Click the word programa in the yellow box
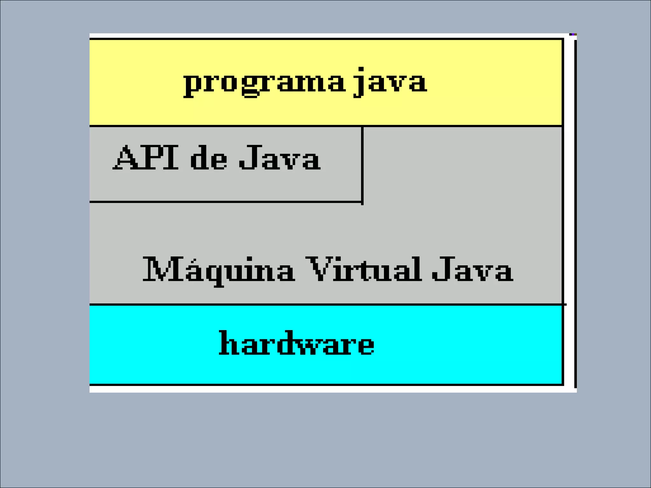coord(264,82)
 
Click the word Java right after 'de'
coord(280,158)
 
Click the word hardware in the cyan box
coord(296,343)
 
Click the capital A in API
coord(127,158)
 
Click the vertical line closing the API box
coord(362,164)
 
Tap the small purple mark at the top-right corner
coord(573,34)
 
